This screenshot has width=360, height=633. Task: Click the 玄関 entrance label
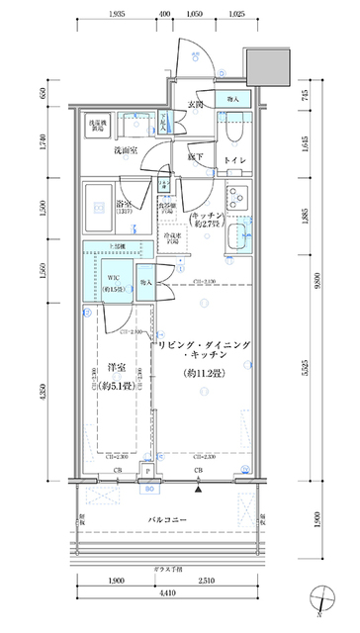195,105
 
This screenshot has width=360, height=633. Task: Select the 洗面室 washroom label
125,150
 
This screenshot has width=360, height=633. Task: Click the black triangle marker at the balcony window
200,488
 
